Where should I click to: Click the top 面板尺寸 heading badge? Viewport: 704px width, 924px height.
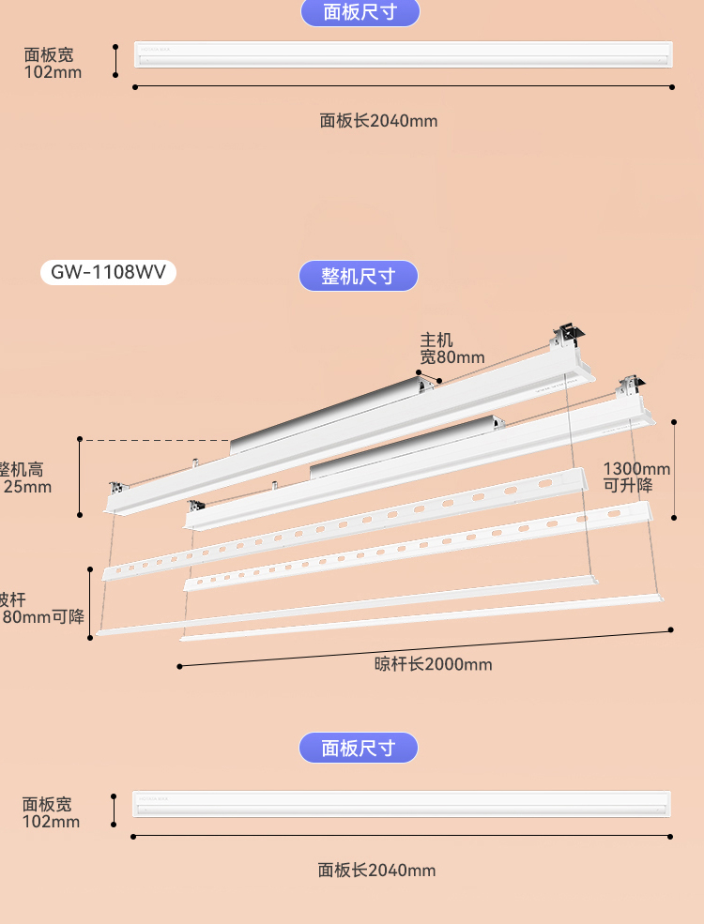coord(360,12)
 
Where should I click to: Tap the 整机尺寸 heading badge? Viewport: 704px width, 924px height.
coord(358,276)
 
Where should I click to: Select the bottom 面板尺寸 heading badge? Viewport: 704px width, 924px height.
coord(358,748)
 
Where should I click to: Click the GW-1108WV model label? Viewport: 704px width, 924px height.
coord(108,272)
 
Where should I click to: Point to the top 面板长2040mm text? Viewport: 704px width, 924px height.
coord(378,120)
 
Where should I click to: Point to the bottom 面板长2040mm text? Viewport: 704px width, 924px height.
coord(376,871)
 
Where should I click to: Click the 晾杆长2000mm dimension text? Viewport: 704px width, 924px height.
coord(433,664)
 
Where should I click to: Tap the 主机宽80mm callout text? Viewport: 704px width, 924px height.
coord(451,348)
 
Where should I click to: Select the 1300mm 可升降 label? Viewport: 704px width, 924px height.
coord(636,477)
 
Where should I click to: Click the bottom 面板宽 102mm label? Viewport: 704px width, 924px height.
coord(52,813)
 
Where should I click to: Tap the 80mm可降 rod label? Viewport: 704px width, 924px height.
coord(41,608)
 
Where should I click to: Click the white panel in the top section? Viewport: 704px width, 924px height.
coord(404,54)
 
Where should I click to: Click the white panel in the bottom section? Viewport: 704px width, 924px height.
coord(402,804)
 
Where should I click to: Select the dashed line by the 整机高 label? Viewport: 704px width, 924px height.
coord(156,439)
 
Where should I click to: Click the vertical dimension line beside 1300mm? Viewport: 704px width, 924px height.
coord(674,469)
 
